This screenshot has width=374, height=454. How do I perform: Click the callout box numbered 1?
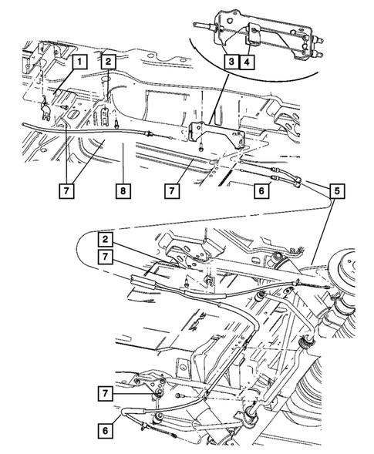click(79, 60)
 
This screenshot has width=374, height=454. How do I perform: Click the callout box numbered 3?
click(231, 60)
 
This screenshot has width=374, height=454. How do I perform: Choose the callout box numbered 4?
click(245, 60)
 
